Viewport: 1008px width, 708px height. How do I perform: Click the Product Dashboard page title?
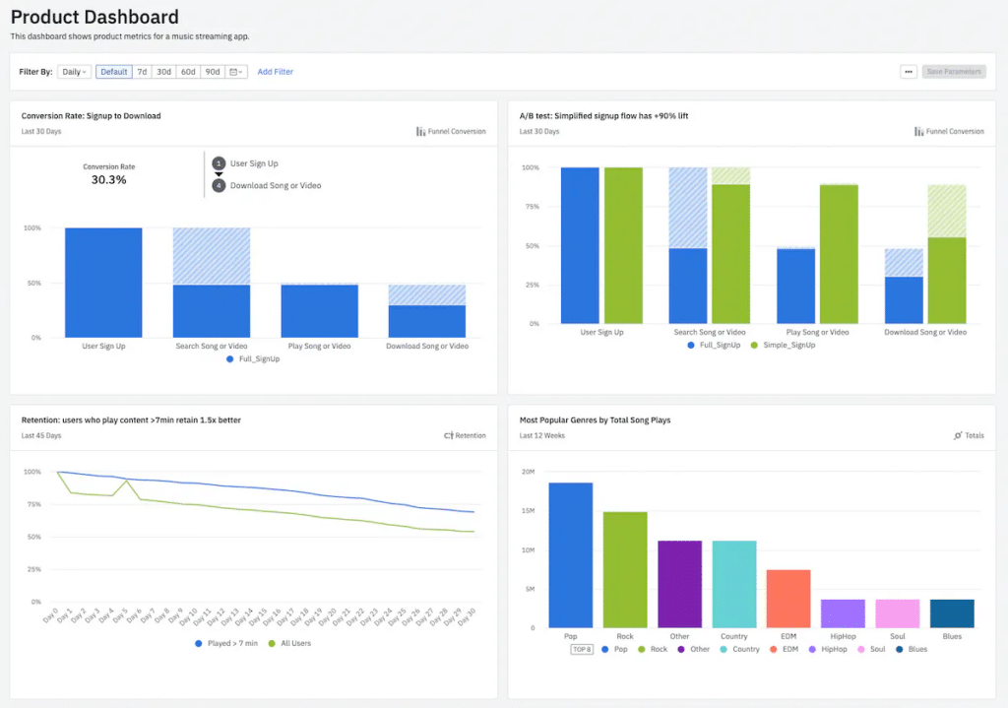(94, 17)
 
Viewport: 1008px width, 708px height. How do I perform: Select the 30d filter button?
(163, 72)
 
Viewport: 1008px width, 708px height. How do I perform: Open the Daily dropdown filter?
(74, 72)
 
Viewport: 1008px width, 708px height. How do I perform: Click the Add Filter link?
(276, 72)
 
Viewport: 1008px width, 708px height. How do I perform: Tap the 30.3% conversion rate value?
(108, 180)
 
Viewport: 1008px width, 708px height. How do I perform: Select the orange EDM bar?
(788, 598)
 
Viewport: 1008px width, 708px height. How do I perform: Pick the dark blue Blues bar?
(952, 612)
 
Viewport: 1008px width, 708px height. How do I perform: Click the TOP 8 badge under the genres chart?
(583, 649)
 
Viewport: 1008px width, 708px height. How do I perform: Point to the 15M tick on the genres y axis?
(528, 510)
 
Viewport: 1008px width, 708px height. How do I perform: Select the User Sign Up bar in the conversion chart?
(103, 283)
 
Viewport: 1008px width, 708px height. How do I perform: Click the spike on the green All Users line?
(128, 481)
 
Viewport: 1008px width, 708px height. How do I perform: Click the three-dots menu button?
(908, 72)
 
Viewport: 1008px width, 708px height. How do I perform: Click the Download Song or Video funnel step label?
(276, 185)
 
